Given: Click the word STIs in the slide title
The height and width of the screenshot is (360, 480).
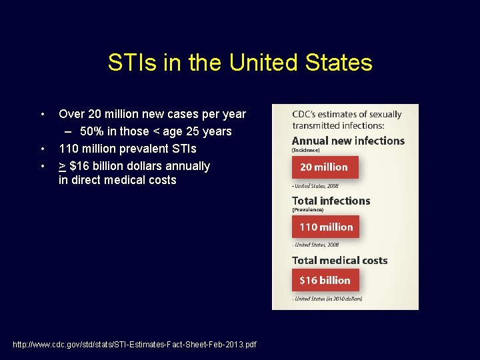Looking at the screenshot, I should [131, 63].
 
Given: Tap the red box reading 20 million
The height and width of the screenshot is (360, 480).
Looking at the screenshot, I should [325, 167].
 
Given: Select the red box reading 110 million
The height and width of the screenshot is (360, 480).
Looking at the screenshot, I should [325, 227].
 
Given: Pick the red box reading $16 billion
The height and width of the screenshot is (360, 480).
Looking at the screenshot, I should [325, 280].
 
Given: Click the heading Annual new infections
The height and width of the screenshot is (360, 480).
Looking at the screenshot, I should [348, 141].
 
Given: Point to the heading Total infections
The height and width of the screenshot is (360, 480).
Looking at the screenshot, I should [331, 201].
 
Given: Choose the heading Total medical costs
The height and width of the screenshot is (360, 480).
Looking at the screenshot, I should [339, 260].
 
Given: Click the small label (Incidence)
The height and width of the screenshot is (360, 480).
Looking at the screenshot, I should [306, 151].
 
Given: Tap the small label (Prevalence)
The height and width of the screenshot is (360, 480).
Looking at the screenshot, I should [308, 210].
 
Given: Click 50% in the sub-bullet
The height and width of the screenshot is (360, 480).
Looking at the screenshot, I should [91, 131].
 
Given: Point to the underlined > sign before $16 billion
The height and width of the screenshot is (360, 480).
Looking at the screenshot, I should [62, 165].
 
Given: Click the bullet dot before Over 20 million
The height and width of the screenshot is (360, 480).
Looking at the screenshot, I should [42, 114].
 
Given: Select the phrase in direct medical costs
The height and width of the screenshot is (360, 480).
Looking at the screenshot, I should [117, 180].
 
